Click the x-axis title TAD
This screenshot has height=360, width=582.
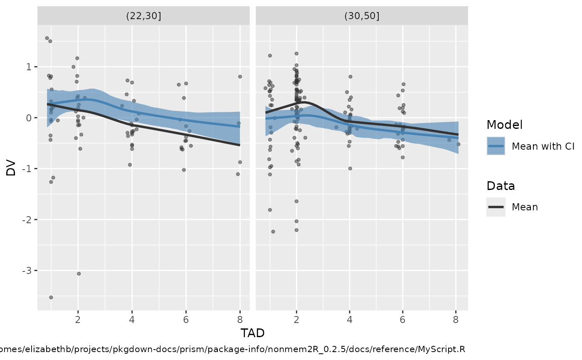point(252,333)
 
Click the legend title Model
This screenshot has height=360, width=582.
point(504,125)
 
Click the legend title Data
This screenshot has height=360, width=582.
point(501,186)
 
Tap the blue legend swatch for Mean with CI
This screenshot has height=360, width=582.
point(496,146)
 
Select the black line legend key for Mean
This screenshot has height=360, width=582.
point(496,207)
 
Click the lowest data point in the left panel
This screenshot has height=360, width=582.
point(51,297)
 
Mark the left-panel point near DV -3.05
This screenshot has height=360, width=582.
point(79,274)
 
